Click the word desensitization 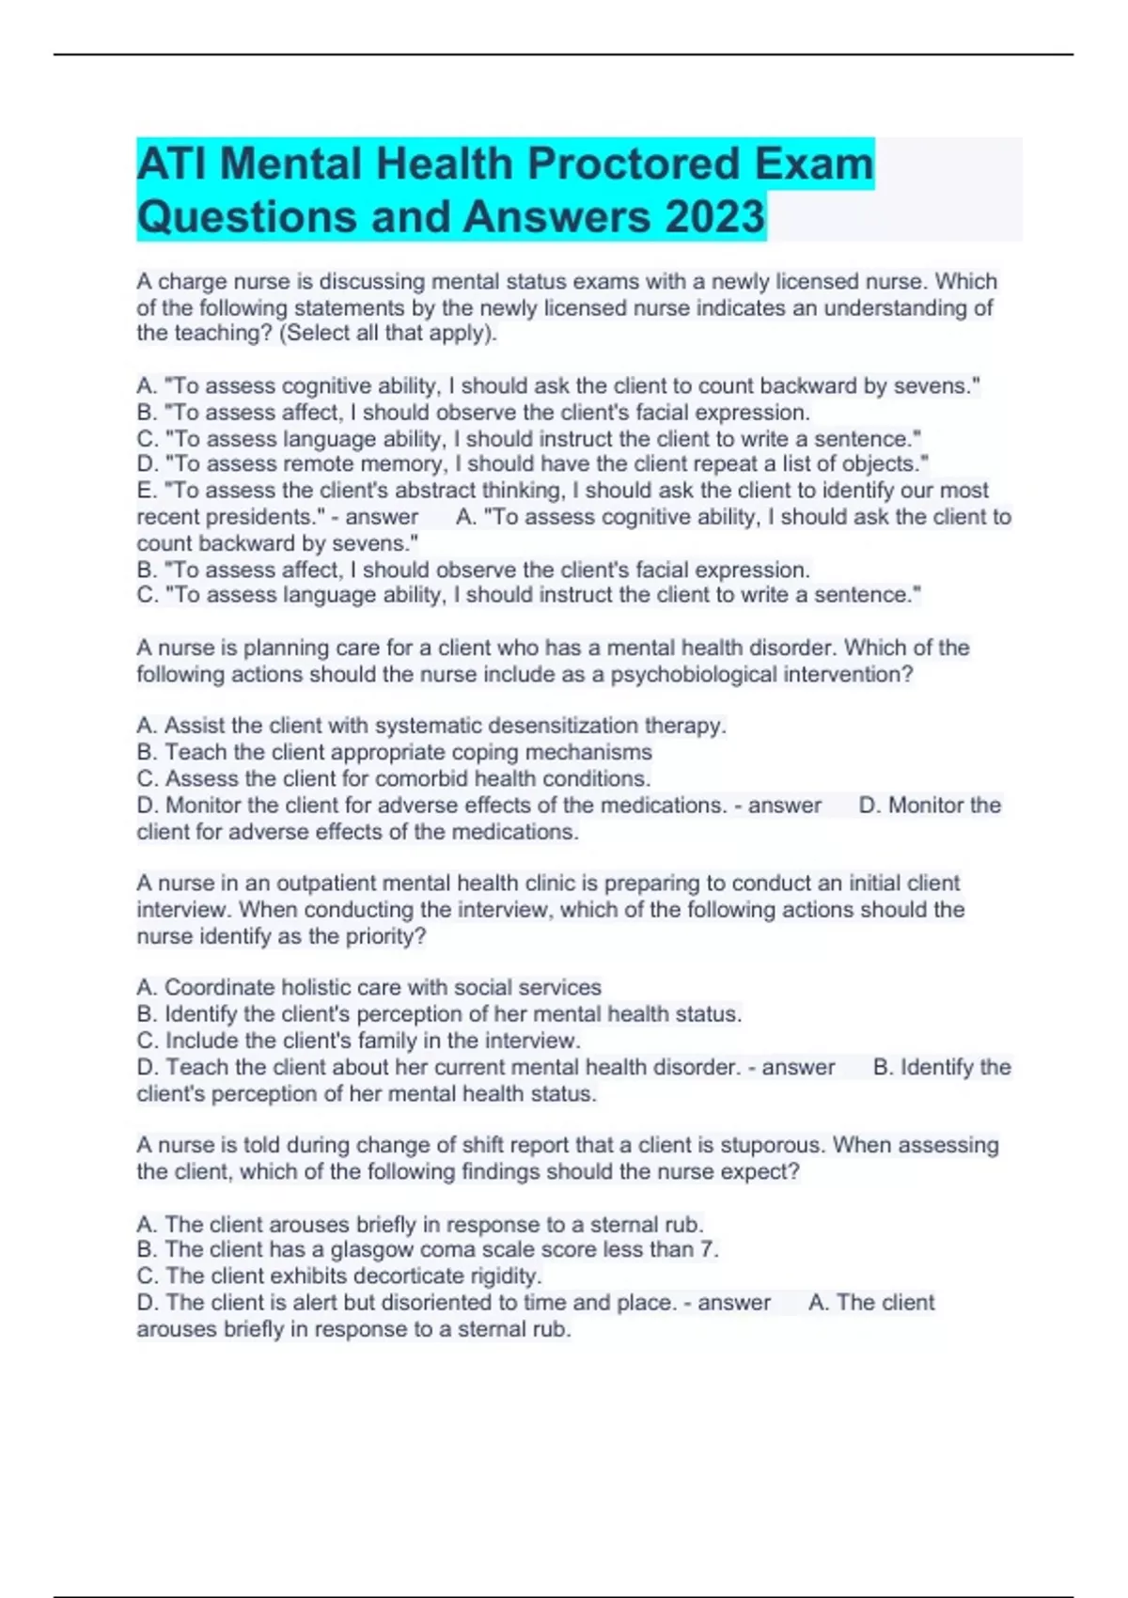547,726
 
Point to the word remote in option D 335,464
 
